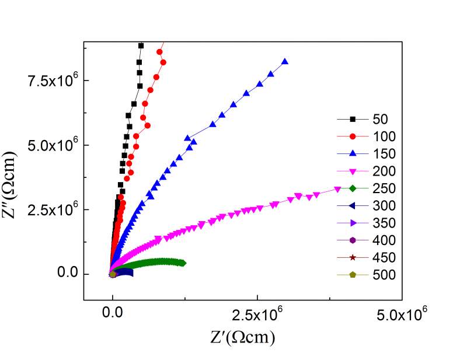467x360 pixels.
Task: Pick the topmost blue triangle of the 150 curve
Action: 285,61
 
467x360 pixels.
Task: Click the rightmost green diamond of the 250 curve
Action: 183,263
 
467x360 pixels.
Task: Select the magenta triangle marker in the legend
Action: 353,171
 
